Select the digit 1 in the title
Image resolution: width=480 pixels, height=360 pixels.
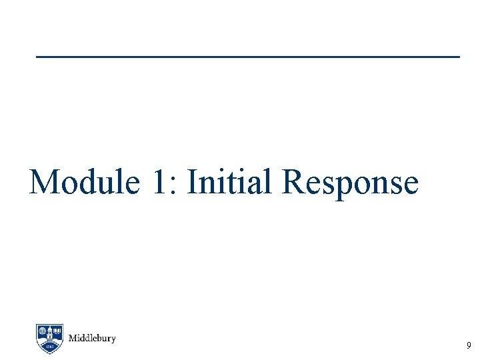(161, 182)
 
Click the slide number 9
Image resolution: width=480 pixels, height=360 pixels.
(469, 345)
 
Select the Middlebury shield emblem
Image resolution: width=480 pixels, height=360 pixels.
(49, 338)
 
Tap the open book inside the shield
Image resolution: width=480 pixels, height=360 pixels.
(57, 331)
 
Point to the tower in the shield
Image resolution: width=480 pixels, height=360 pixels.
(49, 340)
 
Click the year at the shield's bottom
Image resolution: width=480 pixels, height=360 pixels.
(49, 347)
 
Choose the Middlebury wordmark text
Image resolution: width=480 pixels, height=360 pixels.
(92, 338)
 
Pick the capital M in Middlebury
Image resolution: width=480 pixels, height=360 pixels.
(73, 338)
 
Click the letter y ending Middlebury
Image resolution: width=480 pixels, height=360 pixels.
(113, 339)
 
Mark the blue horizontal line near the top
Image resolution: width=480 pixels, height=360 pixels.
(247, 57)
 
